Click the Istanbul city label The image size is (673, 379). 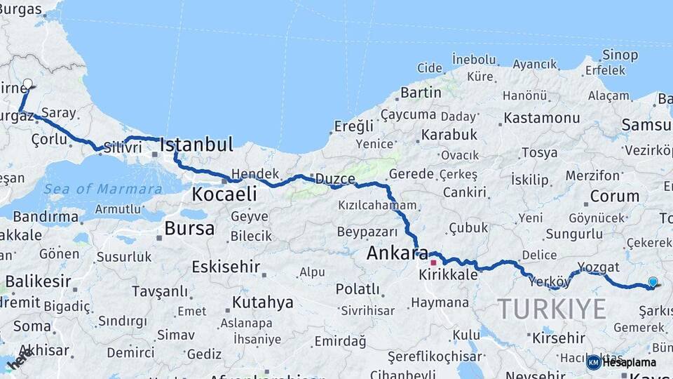tap(196, 145)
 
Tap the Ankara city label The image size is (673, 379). tap(397, 253)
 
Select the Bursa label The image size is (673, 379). tap(189, 229)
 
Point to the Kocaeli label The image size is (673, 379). tap(224, 194)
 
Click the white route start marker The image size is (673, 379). tap(28, 84)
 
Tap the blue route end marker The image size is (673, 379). tap(653, 282)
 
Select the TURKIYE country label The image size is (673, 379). tap(552, 309)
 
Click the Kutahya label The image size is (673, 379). tap(262, 302)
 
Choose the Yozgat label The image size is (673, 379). tap(599, 267)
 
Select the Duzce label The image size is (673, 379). tap(334, 178)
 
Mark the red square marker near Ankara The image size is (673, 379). tap(433, 262)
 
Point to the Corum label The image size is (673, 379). tap(614, 197)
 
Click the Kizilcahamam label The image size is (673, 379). tap(377, 206)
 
